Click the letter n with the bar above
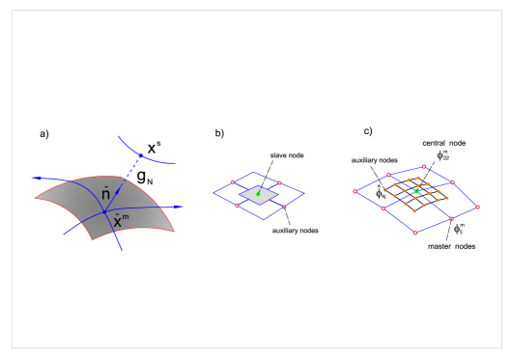(106, 194)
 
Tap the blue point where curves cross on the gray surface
(103, 210)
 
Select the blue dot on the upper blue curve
(140, 154)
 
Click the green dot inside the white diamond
(258, 194)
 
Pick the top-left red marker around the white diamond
(233, 181)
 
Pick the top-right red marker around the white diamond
(280, 181)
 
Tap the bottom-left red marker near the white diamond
(237, 206)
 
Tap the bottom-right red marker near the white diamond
(284, 207)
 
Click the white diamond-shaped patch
(259, 195)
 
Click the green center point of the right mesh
(416, 191)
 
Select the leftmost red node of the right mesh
(354, 191)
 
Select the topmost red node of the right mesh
(424, 166)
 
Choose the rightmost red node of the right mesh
(477, 207)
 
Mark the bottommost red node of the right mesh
(415, 233)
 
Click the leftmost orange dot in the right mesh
(384, 190)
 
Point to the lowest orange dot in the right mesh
(414, 211)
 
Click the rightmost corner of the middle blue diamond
(303, 193)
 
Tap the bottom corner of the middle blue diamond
(263, 219)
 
